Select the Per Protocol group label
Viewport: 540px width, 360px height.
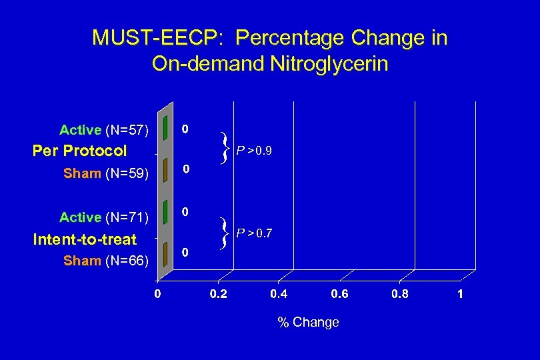coord(79,151)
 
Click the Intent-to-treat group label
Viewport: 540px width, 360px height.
coord(85,239)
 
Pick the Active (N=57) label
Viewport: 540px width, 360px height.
coord(103,129)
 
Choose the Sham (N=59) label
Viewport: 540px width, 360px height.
coord(105,174)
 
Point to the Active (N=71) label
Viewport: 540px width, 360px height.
coord(103,217)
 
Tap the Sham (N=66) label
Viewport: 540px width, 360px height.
coord(105,261)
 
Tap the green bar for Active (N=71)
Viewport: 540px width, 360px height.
coord(163,215)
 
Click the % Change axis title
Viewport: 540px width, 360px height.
coord(308,323)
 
